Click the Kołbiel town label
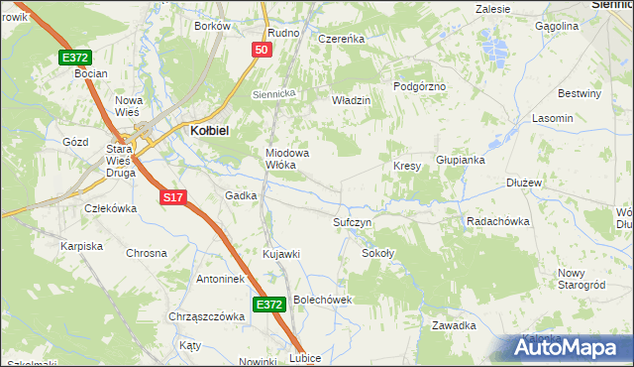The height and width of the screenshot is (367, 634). pyautogui.click(x=209, y=129)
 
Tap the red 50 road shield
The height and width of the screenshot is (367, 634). pyautogui.click(x=262, y=50)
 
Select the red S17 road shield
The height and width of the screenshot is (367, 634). pyautogui.click(x=173, y=197)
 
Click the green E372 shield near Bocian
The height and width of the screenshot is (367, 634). pyautogui.click(x=75, y=58)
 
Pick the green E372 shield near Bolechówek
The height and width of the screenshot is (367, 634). pyautogui.click(x=269, y=306)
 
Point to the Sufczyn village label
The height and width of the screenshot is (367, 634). pyautogui.click(x=352, y=222)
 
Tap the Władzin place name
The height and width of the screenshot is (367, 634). pyautogui.click(x=351, y=100)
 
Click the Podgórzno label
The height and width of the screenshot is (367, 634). pyautogui.click(x=420, y=86)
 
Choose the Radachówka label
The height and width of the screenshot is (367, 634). pyautogui.click(x=495, y=221)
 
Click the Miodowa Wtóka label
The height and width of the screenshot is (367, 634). pyautogui.click(x=287, y=159)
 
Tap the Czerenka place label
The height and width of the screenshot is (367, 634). pyautogui.click(x=342, y=39)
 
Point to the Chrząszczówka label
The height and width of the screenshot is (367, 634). pyautogui.click(x=206, y=316)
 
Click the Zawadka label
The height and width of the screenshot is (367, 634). pyautogui.click(x=455, y=325)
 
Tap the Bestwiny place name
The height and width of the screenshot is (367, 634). pyautogui.click(x=580, y=94)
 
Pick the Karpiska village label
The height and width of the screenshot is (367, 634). pyautogui.click(x=82, y=245)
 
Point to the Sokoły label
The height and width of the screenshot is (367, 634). pyautogui.click(x=377, y=254)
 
